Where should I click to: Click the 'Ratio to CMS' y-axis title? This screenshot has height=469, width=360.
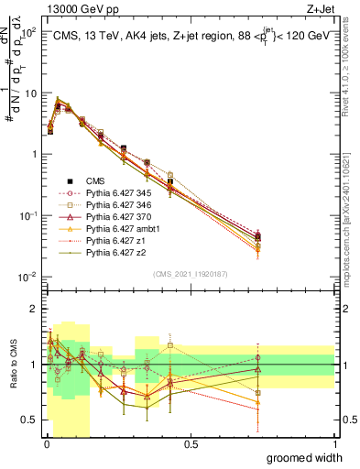tap(12, 365)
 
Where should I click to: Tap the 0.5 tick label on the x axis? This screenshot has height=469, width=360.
tap(190, 444)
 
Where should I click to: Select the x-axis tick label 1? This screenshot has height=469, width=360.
tap(333, 444)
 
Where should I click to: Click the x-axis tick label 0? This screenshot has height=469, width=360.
tap(46, 444)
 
